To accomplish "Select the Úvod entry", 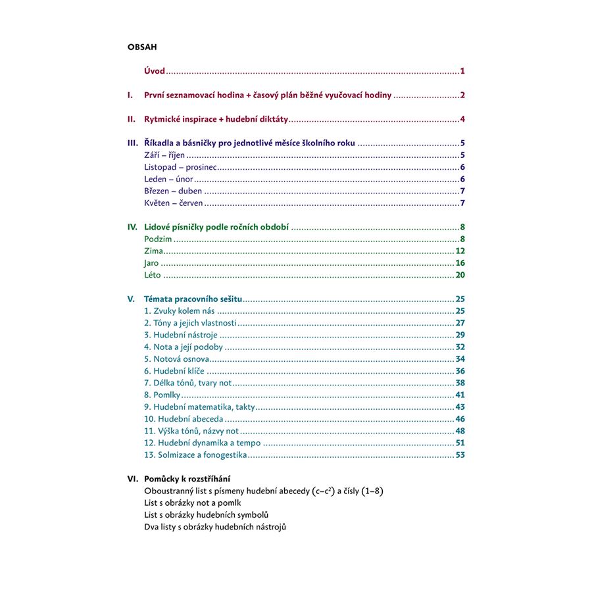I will [x=155, y=71].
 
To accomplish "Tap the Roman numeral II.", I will [x=131, y=120].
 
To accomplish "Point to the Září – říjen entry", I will [x=164, y=155].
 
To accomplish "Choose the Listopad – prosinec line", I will [x=181, y=167].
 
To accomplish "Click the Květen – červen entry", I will [x=174, y=203].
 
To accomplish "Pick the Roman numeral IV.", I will [x=132, y=227].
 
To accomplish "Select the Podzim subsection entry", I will [x=158, y=239].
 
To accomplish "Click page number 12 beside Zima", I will [x=460, y=251].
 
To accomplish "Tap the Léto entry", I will [x=152, y=275].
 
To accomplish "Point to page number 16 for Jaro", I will [x=460, y=263].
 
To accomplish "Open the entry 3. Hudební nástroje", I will [x=181, y=335].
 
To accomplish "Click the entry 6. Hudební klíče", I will [x=174, y=371].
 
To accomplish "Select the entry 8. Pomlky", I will [x=162, y=395].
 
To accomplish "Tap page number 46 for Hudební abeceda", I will [x=460, y=419].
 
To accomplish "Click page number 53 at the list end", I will [x=460, y=455].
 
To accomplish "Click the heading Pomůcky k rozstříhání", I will [x=187, y=479].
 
